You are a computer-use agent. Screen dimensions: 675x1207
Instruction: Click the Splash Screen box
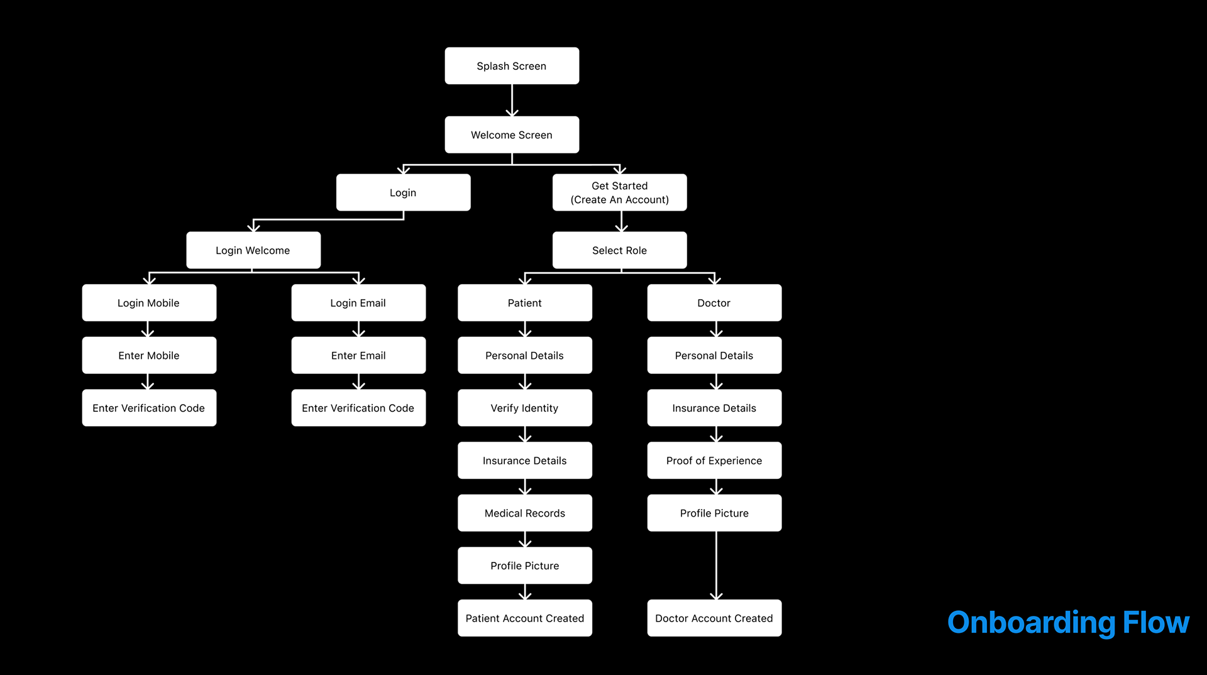(x=512, y=66)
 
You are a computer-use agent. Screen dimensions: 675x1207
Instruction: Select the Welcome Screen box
(x=512, y=134)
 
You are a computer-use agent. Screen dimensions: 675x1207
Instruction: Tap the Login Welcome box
(x=253, y=250)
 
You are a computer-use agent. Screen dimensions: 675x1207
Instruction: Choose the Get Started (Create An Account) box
(x=619, y=192)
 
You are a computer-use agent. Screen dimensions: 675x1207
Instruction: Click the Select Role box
(x=619, y=250)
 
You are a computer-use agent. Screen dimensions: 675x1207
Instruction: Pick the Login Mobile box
(x=149, y=303)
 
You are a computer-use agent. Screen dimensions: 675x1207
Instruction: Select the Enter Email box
(x=358, y=355)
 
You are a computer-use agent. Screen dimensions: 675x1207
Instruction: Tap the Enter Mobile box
(x=149, y=355)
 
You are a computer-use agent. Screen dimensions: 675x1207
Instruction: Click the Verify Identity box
(x=524, y=408)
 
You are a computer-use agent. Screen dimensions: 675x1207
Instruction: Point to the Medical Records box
(x=524, y=513)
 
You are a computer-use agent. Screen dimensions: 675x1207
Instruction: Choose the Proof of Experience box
(x=714, y=461)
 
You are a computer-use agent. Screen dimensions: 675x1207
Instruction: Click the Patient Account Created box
(x=524, y=618)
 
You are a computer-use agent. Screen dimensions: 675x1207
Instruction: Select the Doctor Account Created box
(x=714, y=618)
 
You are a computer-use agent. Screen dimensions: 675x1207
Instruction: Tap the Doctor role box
(x=714, y=303)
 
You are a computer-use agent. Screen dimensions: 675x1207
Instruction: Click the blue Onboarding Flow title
(x=1067, y=622)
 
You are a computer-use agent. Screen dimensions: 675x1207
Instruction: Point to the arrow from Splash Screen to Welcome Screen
(x=512, y=101)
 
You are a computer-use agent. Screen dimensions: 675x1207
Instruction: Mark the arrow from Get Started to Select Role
(x=621, y=221)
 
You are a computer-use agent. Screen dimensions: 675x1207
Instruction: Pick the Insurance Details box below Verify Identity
(x=524, y=461)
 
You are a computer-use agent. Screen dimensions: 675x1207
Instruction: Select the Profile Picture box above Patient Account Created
(x=524, y=566)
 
